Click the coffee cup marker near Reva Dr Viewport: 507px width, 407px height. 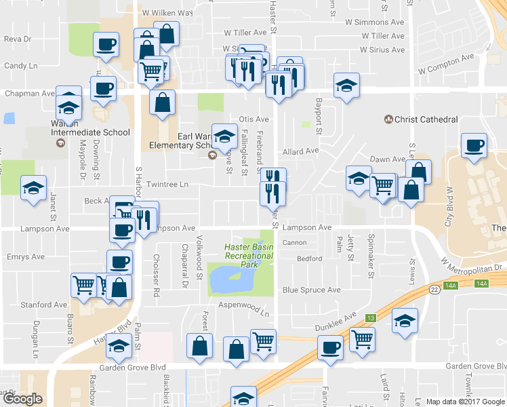(106, 45)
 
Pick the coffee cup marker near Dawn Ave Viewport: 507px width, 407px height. (474, 144)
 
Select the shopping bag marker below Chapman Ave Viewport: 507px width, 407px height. (163, 104)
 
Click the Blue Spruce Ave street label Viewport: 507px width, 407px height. (311, 290)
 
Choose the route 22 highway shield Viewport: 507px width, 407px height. (434, 289)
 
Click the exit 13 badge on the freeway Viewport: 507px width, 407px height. (371, 318)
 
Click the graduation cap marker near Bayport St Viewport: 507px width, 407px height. (346, 86)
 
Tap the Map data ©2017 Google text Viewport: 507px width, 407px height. (465, 402)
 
